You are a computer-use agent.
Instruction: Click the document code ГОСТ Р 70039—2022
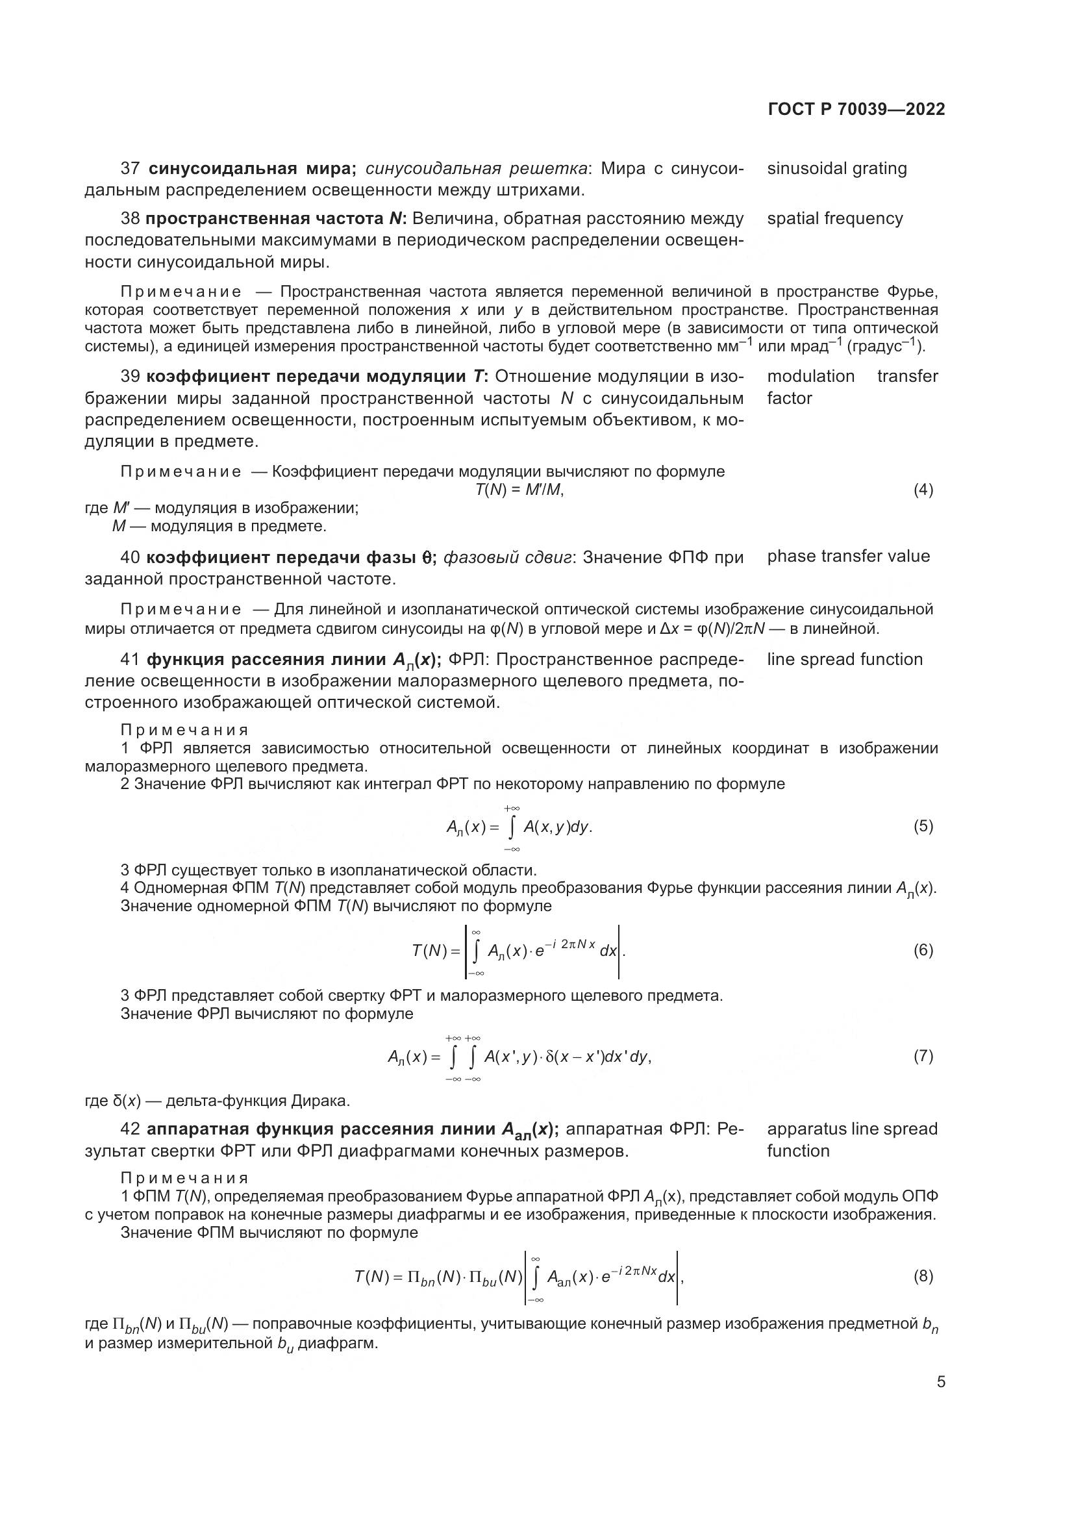856,110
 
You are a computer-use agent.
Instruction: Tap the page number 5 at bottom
941,1382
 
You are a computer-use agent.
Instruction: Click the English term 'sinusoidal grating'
836,169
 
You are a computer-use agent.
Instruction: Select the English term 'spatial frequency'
834,219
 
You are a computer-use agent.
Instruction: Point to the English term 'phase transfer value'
848,557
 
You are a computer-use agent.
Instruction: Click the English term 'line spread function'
845,660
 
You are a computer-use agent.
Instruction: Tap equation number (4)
923,490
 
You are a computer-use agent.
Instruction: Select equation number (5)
923,826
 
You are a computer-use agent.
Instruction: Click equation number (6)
923,951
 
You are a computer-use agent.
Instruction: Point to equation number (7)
923,1056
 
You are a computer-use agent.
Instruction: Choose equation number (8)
923,1276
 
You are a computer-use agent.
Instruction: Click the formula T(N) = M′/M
519,490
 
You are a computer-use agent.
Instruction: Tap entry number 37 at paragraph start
131,169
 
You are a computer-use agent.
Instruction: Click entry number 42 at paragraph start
131,1129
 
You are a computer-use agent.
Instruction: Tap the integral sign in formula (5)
511,827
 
